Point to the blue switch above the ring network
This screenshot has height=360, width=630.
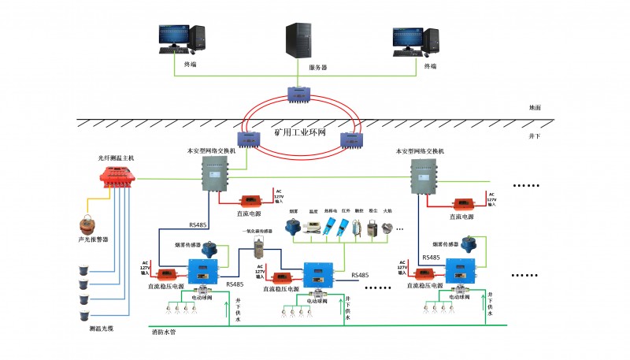301,94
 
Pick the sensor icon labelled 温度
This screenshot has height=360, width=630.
313,228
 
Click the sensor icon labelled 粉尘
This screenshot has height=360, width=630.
369,228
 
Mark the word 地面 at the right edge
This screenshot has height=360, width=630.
535,107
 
